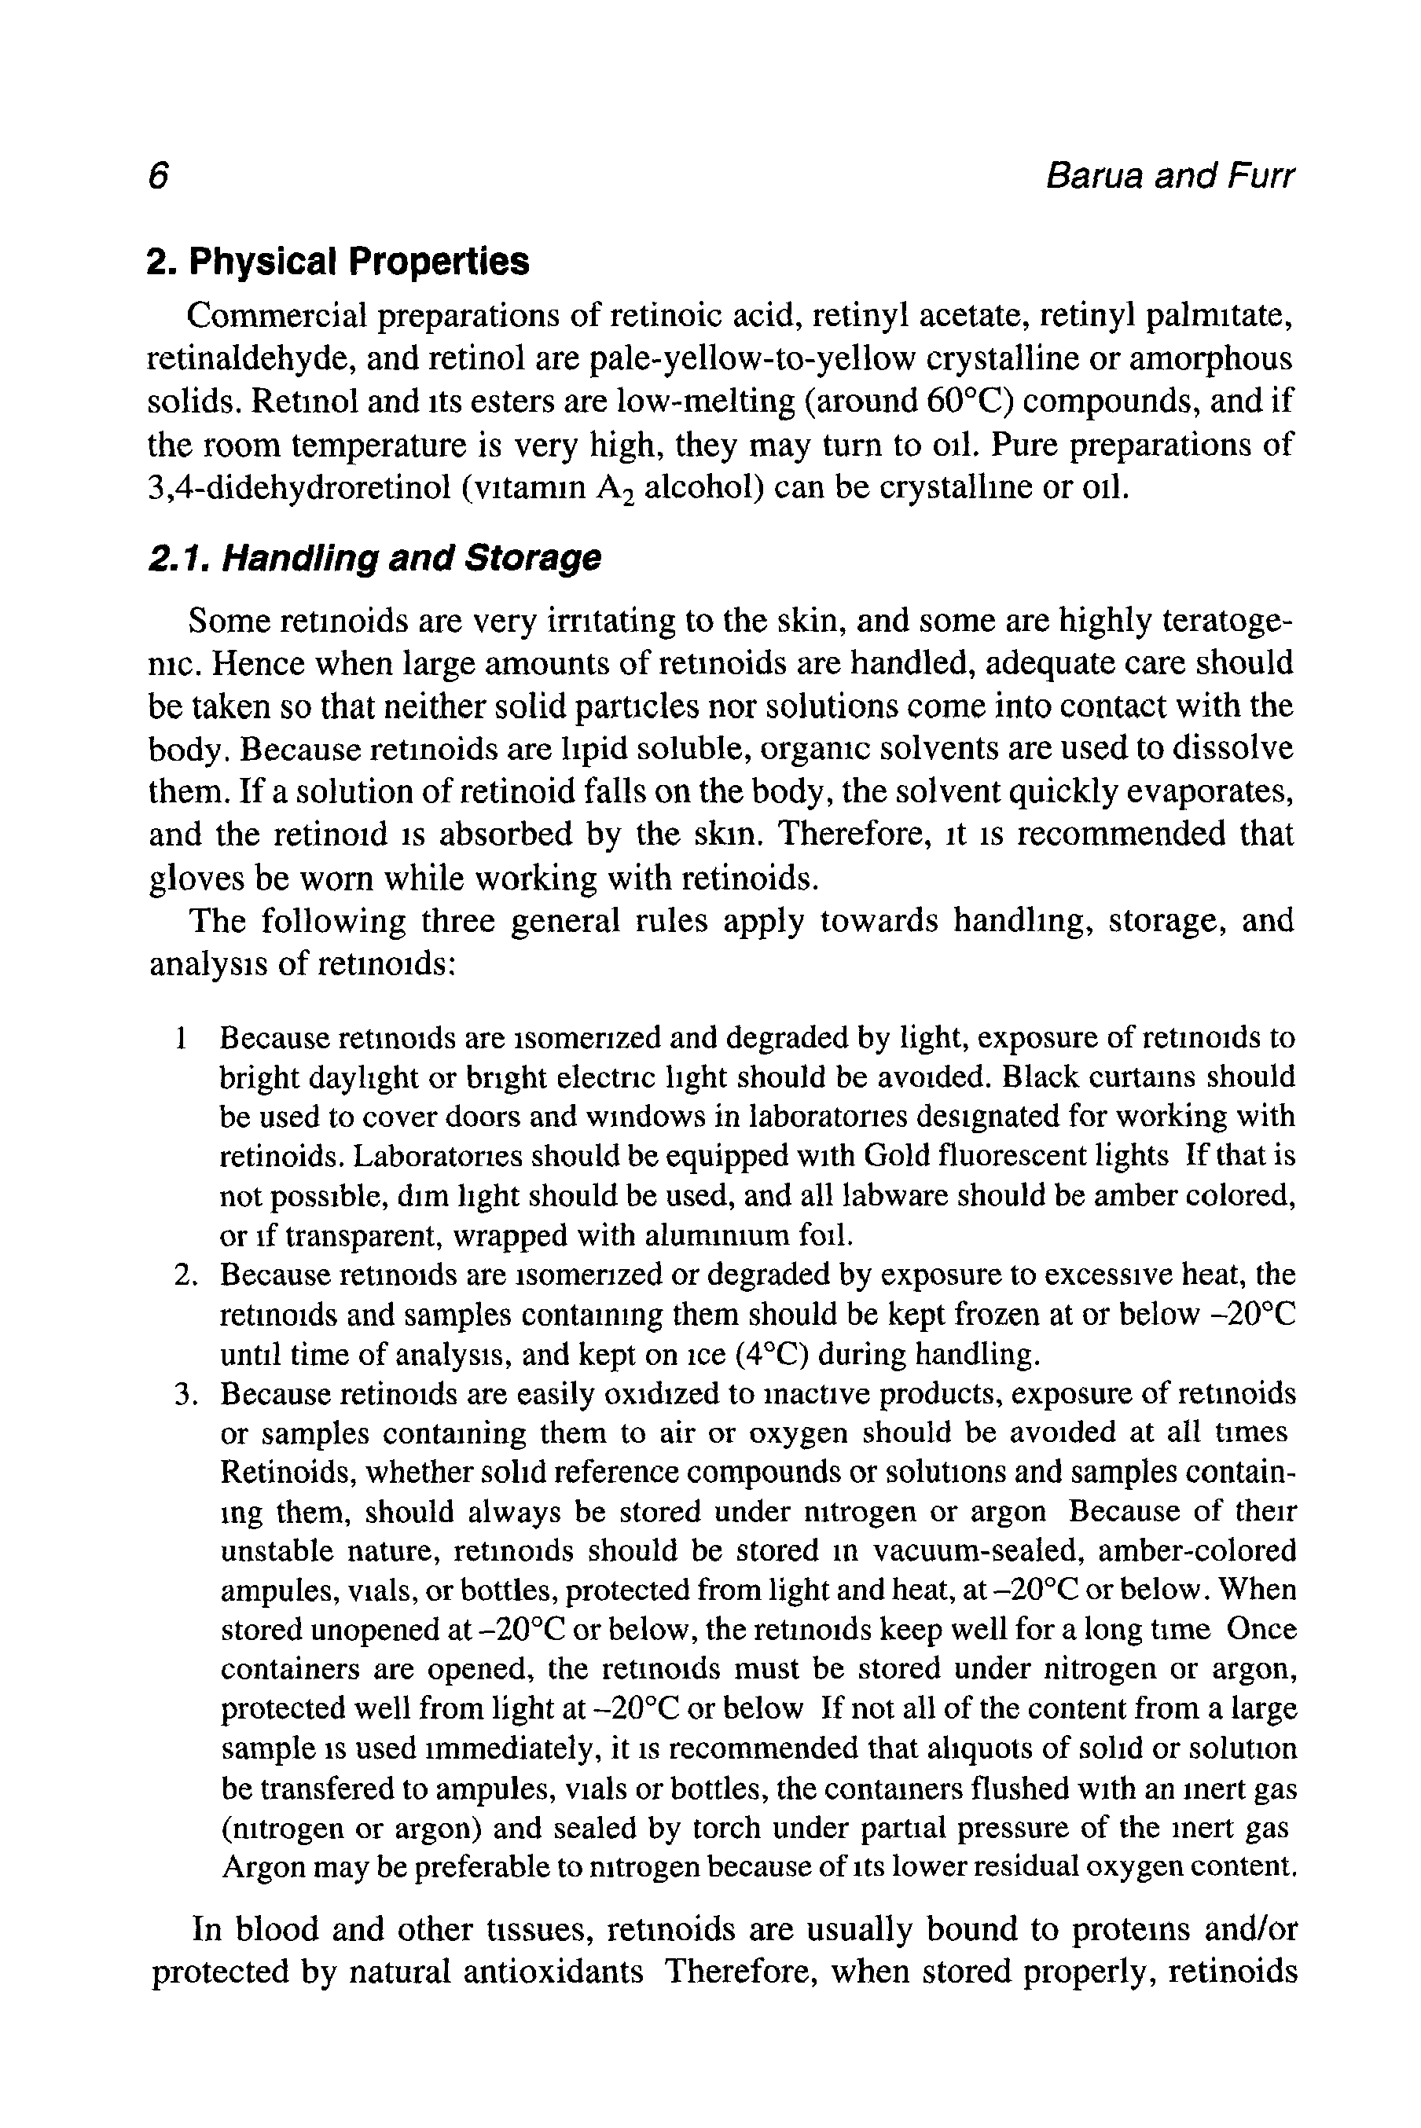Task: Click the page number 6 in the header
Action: coord(159,176)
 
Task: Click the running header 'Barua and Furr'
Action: coord(1169,176)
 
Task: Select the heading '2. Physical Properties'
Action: coord(338,262)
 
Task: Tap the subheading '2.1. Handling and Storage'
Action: coord(374,558)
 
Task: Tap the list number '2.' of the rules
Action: coord(185,1275)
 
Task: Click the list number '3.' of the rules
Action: coord(185,1394)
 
